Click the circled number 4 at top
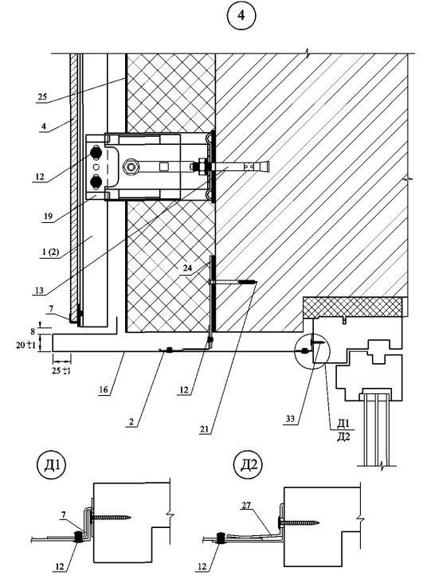pos(241,15)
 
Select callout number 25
pos(42,96)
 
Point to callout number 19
pos(48,217)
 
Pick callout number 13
pos(39,291)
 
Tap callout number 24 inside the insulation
pos(188,268)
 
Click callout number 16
pos(104,389)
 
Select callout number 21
pos(205,429)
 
